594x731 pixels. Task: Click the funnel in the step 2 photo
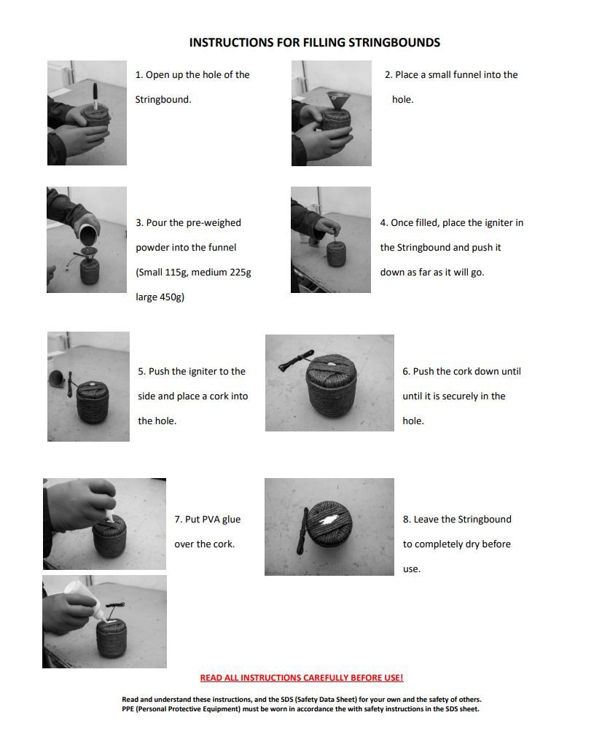coord(337,101)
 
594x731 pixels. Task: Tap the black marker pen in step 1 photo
coord(95,95)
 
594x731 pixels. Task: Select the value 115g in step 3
coord(176,273)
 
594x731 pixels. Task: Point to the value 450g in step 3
coord(171,297)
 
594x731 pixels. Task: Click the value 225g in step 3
coord(239,273)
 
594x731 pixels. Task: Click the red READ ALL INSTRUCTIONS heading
coord(302,678)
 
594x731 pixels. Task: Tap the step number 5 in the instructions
coord(141,372)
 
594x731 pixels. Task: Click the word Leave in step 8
coord(426,520)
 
